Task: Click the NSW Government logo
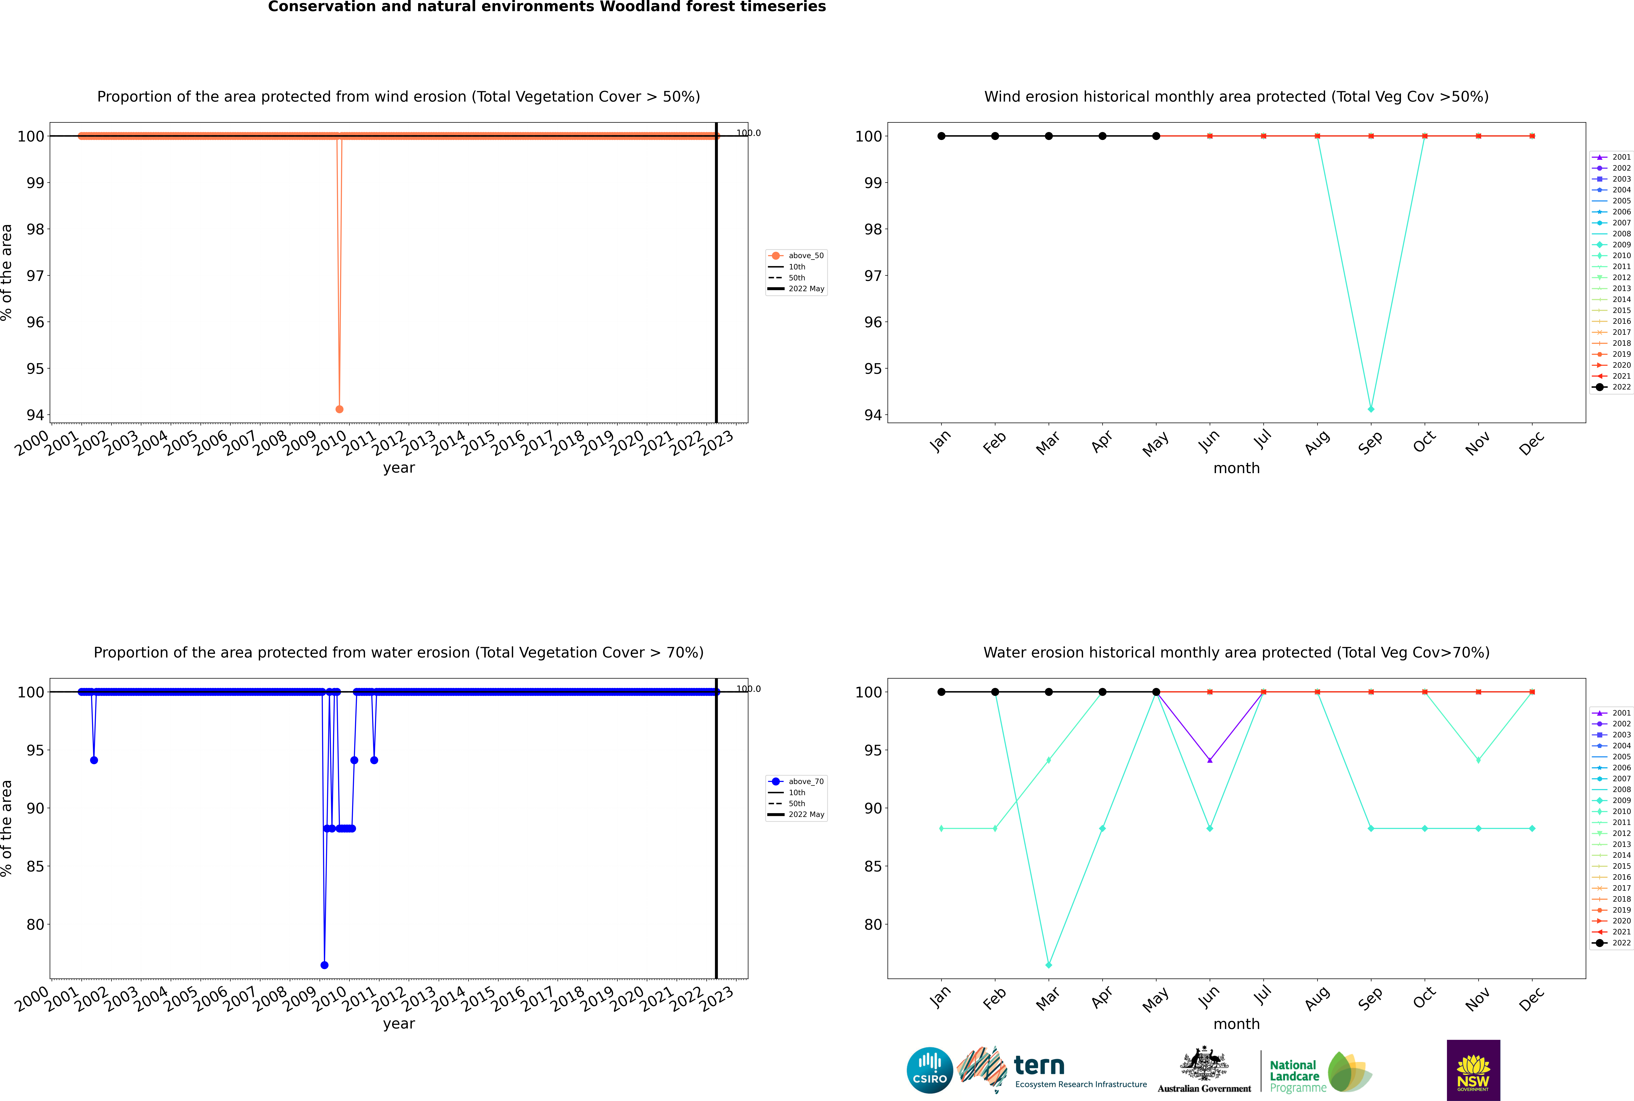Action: tap(1473, 1070)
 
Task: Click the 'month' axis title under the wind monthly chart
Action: tap(1236, 468)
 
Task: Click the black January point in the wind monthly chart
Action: tap(941, 136)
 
